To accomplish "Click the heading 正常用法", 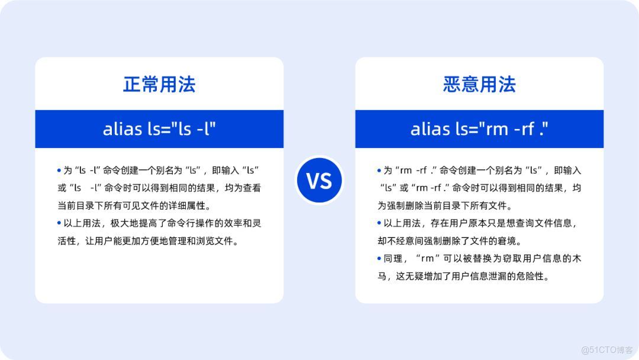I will pyautogui.click(x=159, y=84).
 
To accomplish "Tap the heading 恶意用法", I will pyautogui.click(x=479, y=84).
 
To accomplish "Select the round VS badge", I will pyautogui.click(x=319, y=180).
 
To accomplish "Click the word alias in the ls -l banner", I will pyautogui.click(x=122, y=128).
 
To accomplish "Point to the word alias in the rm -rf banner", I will pyautogui.click(x=430, y=128).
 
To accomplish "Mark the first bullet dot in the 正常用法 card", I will pyautogui.click(x=59, y=171).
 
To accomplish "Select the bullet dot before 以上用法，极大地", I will pyautogui.click(x=59, y=223).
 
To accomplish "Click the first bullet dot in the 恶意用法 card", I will pyautogui.click(x=379, y=171).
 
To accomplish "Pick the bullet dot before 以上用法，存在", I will pyautogui.click(x=379, y=223).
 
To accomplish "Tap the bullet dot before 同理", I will pyautogui.click(x=379, y=259).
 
